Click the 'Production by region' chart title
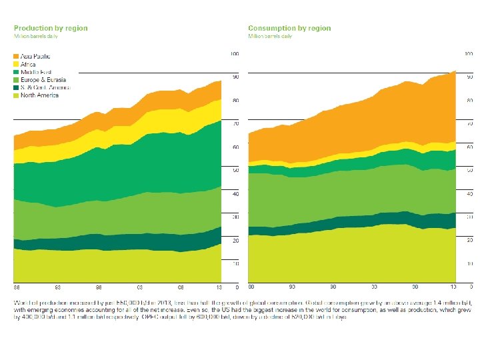51,28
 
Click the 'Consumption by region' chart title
289,28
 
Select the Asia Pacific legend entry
35,56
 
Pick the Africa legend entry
29,64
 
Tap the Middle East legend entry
36,71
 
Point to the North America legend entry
39,95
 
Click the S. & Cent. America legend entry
45,87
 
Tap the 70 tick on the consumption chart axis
469,123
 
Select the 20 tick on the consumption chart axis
469,240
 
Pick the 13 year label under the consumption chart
453,287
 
